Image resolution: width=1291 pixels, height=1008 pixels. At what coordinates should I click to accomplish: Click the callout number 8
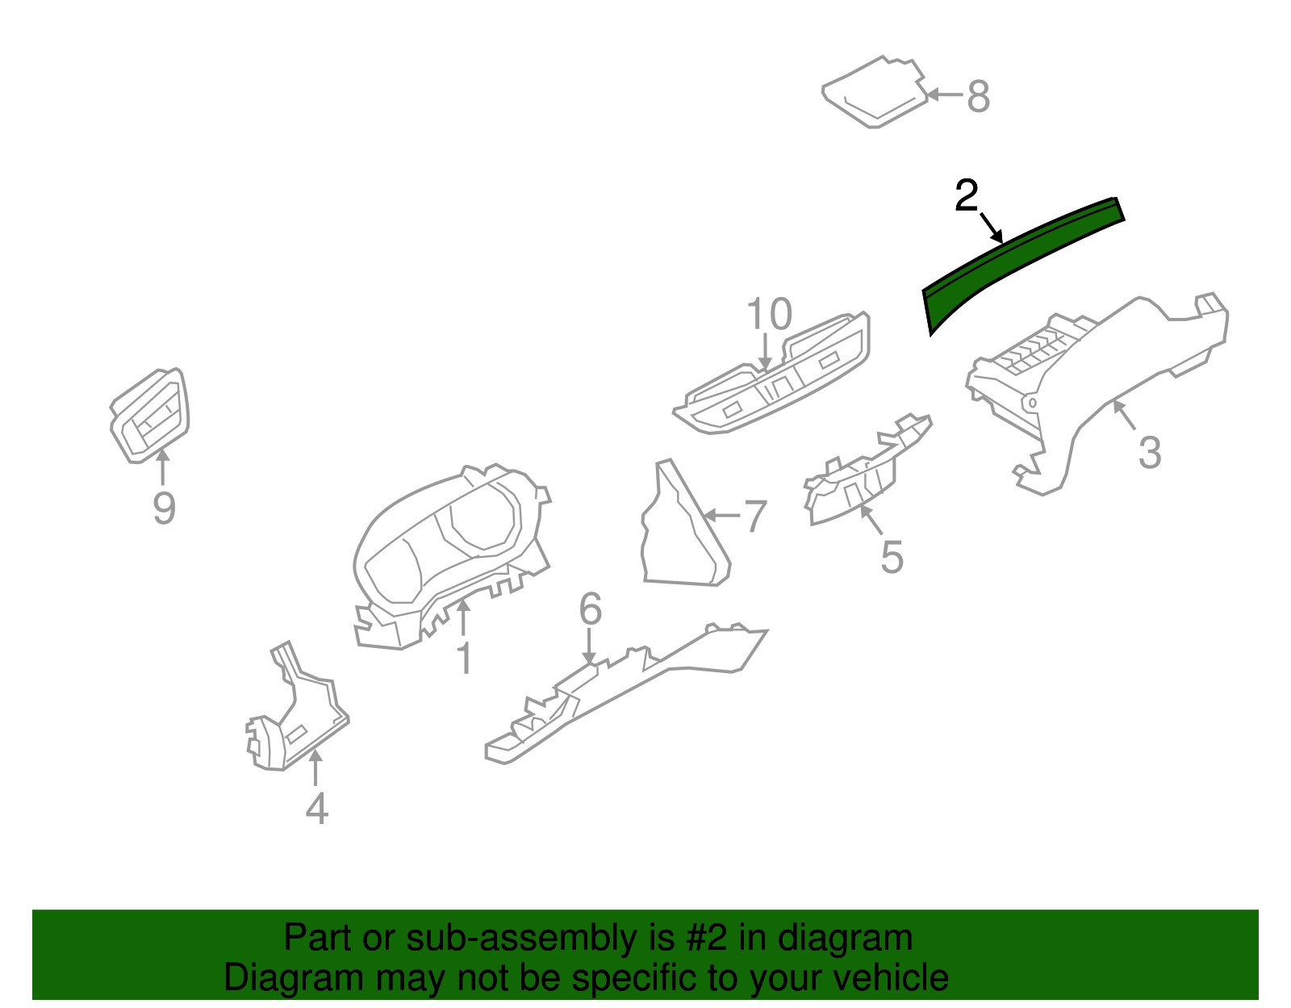[x=979, y=96]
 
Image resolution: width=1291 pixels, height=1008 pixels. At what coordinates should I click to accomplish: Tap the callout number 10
[x=769, y=314]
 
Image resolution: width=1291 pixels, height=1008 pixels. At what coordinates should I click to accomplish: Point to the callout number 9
[x=165, y=508]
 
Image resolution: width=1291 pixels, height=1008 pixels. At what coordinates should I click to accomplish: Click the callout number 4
[x=316, y=809]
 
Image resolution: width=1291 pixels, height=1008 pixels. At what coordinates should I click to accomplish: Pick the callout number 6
[x=590, y=609]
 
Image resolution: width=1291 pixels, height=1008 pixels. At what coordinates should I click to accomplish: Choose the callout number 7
[x=756, y=517]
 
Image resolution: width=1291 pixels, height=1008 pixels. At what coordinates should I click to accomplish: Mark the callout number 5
[x=892, y=557]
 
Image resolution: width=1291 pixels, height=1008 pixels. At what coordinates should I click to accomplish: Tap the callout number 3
[x=1150, y=453]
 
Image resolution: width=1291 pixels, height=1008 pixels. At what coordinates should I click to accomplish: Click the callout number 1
[x=466, y=658]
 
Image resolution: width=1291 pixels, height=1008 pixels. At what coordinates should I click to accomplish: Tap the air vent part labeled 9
[x=150, y=415]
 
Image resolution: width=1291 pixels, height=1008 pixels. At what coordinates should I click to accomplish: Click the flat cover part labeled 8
[x=875, y=92]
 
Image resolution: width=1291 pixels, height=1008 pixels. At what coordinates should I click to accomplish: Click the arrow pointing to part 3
[x=1125, y=415]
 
